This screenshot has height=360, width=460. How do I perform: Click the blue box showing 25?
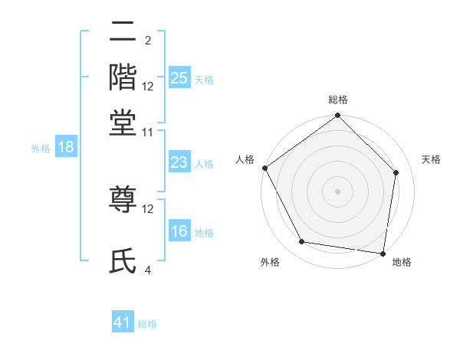point(179,78)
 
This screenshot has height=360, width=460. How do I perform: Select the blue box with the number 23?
point(179,162)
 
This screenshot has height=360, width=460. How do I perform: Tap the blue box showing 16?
point(179,231)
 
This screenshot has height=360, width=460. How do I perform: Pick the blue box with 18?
point(66,148)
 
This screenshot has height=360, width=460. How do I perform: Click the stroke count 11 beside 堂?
point(148,132)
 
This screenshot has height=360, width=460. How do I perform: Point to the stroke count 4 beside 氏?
point(148,270)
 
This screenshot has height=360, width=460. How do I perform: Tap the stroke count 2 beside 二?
point(148,40)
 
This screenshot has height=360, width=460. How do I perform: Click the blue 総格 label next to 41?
point(147,324)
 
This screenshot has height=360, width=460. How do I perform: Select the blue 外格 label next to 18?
point(40,149)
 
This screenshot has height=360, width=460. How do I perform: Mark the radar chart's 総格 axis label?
point(337,100)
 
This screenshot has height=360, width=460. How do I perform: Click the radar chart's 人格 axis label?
point(245,159)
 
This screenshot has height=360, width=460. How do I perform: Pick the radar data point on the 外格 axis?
point(302,242)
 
